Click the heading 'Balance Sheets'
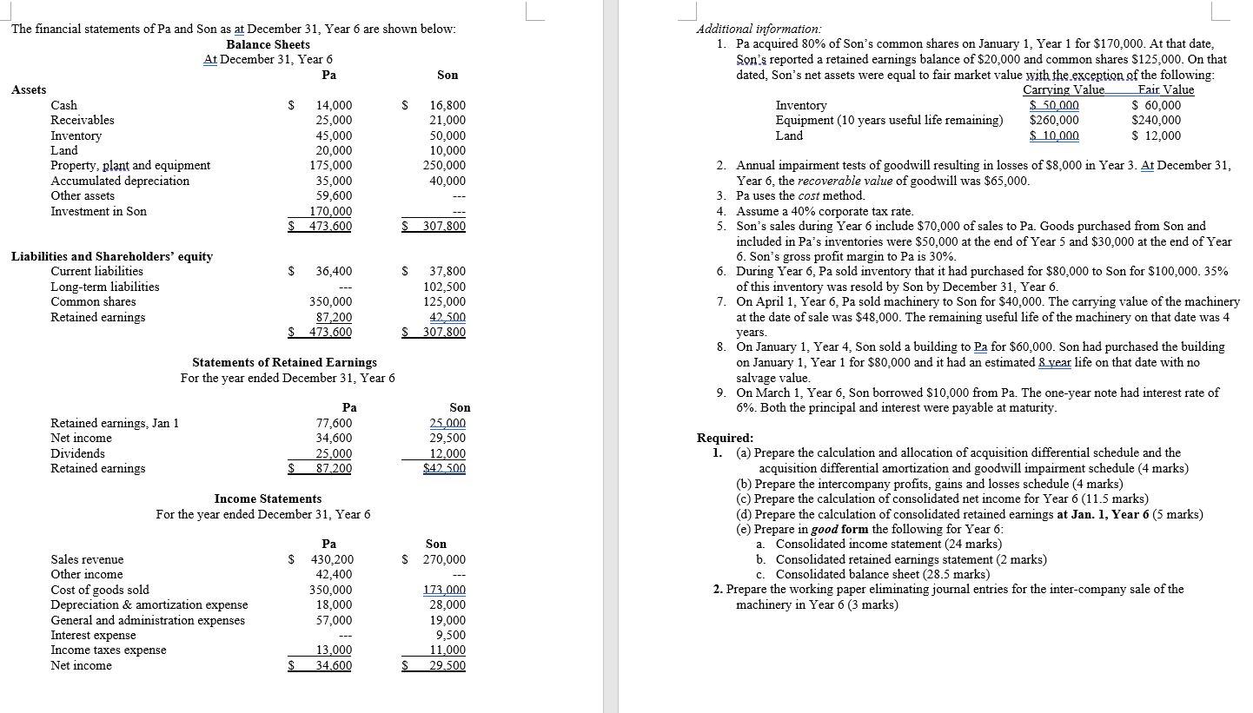[268, 44]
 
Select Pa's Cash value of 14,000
[335, 106]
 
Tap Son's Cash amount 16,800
[447, 106]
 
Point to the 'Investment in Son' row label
[99, 211]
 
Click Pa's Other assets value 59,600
[335, 196]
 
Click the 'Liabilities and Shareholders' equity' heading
[112, 256]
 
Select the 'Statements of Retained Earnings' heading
[284, 362]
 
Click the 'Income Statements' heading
[268, 498]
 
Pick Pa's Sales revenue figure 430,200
[331, 560]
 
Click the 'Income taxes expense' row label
[109, 650]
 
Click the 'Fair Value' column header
[1166, 90]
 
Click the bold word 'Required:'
[726, 439]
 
